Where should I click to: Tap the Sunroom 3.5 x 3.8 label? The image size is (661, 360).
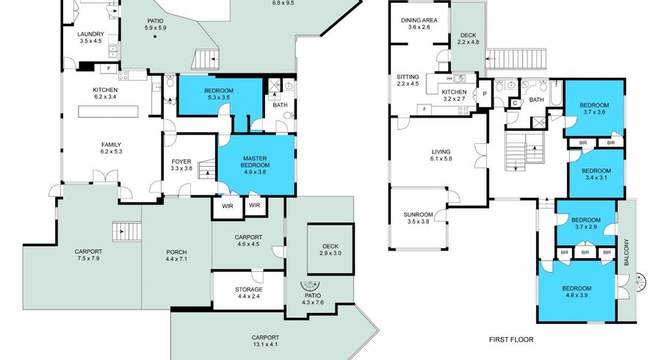[x=418, y=218]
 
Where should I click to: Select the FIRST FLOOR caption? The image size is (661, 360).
[x=511, y=339]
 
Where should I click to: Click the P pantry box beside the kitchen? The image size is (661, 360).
[x=485, y=94]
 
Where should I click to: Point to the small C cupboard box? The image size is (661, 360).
[x=515, y=103]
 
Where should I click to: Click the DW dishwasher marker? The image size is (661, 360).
[x=449, y=79]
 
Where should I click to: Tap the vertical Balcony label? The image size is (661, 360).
[x=626, y=252]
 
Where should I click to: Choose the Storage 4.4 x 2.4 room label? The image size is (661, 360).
[x=249, y=292]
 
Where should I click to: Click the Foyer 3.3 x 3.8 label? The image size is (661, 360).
[x=181, y=165]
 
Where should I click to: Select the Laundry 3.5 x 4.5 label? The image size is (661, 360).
[x=90, y=37]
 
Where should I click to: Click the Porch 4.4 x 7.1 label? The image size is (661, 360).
[x=176, y=256]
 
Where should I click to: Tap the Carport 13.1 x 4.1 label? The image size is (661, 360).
[x=265, y=341]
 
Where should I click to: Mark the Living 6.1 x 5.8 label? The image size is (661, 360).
[x=441, y=155]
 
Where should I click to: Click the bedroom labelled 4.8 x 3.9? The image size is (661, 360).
[x=577, y=292]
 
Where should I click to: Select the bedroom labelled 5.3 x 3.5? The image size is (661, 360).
[x=219, y=94]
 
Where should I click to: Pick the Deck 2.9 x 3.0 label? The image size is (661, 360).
[x=330, y=250]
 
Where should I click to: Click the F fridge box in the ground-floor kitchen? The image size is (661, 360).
[x=109, y=68]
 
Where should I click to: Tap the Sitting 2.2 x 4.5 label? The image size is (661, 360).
[x=408, y=80]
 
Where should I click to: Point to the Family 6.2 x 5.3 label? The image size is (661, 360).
[x=111, y=148]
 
